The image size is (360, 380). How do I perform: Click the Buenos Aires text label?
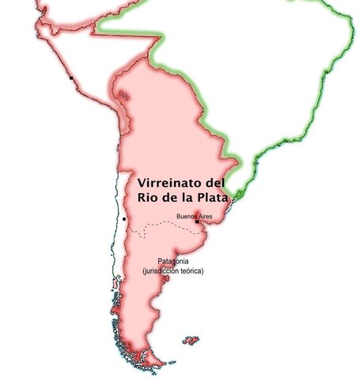coord(194,215)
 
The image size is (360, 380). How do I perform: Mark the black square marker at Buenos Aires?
coord(196,222)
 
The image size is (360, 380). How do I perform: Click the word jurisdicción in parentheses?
coord(163,271)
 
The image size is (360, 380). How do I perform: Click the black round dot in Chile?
coord(125,218)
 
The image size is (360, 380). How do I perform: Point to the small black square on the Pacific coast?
coord(71,78)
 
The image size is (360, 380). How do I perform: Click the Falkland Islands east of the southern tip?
coord(190,340)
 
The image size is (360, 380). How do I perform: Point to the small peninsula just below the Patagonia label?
coord(165,279)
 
